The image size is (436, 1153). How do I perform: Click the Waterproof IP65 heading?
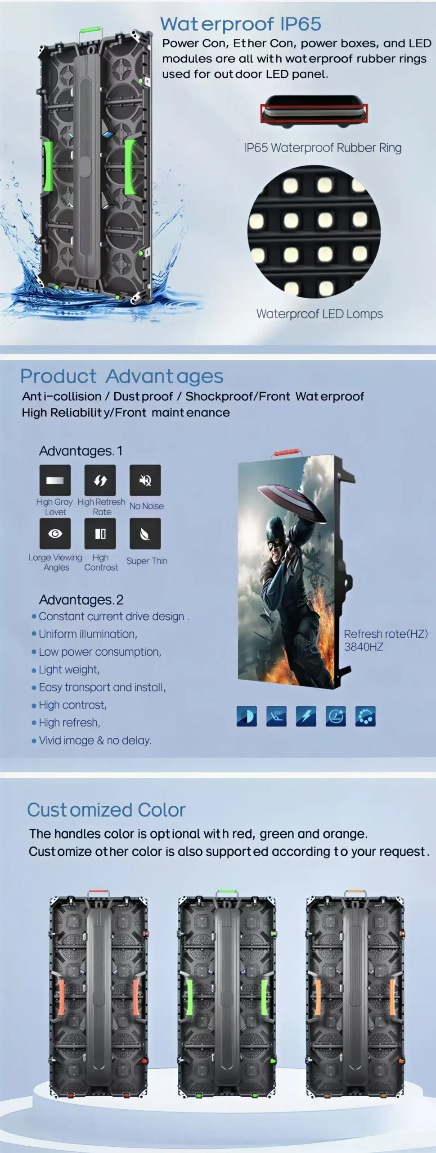click(x=241, y=24)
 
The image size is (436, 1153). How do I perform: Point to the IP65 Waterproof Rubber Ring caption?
click(x=323, y=148)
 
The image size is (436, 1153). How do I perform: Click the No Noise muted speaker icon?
click(x=145, y=480)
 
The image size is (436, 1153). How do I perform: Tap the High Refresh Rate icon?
click(x=100, y=480)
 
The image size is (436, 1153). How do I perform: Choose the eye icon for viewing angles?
click(x=55, y=534)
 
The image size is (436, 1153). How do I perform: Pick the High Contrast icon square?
click(x=100, y=534)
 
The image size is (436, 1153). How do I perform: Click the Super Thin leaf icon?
click(x=145, y=534)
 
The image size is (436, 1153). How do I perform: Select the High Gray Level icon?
click(x=55, y=480)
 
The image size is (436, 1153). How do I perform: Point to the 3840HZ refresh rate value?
click(x=364, y=647)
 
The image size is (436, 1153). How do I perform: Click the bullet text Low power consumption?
click(x=100, y=652)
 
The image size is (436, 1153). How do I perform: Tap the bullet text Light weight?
click(x=69, y=670)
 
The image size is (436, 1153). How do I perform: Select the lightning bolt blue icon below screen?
click(x=306, y=716)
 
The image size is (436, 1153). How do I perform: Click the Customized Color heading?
click(x=106, y=810)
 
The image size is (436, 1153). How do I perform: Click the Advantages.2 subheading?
click(x=81, y=599)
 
